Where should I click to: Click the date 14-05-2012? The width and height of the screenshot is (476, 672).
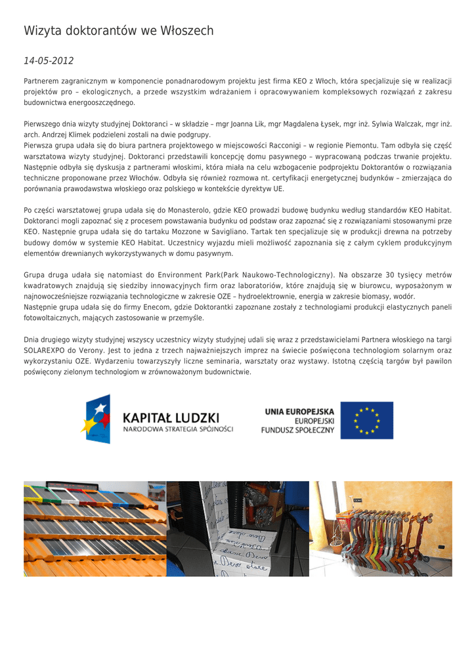tap(49, 61)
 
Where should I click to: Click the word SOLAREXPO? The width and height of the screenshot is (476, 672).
tap(44, 350)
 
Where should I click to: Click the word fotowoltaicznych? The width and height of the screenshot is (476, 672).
tap(54, 318)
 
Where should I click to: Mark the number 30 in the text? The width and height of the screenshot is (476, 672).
tap(389, 275)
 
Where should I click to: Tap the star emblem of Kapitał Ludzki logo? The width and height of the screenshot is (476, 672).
tap(96, 419)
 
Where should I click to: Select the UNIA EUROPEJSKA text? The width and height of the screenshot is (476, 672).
tap(299, 411)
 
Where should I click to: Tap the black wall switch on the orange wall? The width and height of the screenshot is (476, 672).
tap(441, 547)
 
